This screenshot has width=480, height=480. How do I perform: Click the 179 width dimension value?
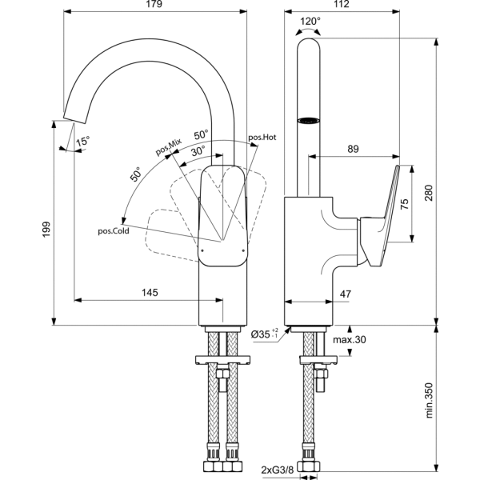coord(154,4)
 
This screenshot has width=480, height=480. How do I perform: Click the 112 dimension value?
coord(341,4)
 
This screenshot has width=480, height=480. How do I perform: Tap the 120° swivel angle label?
coord(310,21)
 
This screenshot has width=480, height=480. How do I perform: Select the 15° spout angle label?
coord(83,141)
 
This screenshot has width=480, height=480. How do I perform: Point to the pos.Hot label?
coord(262,137)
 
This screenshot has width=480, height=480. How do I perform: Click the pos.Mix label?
coord(169,146)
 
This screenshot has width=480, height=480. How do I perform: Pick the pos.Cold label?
coord(114,231)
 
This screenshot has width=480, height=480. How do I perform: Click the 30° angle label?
coord(198,150)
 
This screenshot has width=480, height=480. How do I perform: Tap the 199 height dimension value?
coord(46,230)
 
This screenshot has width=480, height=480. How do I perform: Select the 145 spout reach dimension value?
coord(150,293)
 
